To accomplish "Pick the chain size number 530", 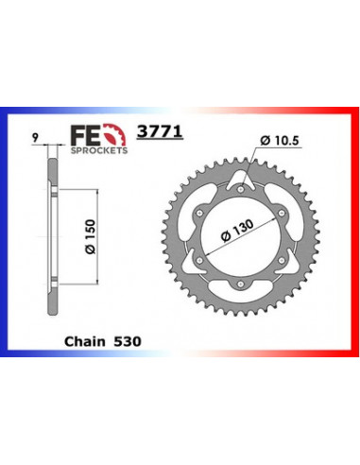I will pos(131,336).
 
